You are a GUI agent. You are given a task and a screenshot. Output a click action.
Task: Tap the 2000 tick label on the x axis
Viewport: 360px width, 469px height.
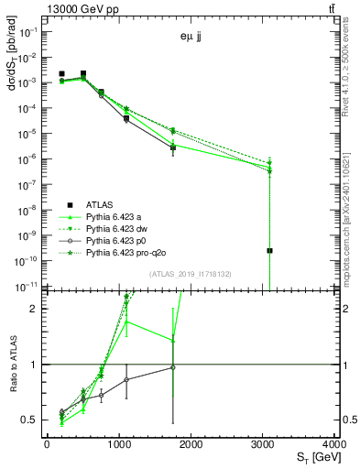pos(191,444)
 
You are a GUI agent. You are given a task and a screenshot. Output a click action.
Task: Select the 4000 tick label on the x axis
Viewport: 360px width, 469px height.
pos(336,444)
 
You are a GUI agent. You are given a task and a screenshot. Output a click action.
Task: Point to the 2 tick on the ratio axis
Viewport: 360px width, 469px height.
pos(34,309)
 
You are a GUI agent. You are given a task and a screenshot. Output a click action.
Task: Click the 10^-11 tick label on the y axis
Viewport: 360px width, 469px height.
pos(25,287)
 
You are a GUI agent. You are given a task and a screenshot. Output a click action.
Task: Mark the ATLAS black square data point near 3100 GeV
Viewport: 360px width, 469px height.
pos(270,250)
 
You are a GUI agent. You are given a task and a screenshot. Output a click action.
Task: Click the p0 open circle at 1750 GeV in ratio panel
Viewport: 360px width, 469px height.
pos(173,367)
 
